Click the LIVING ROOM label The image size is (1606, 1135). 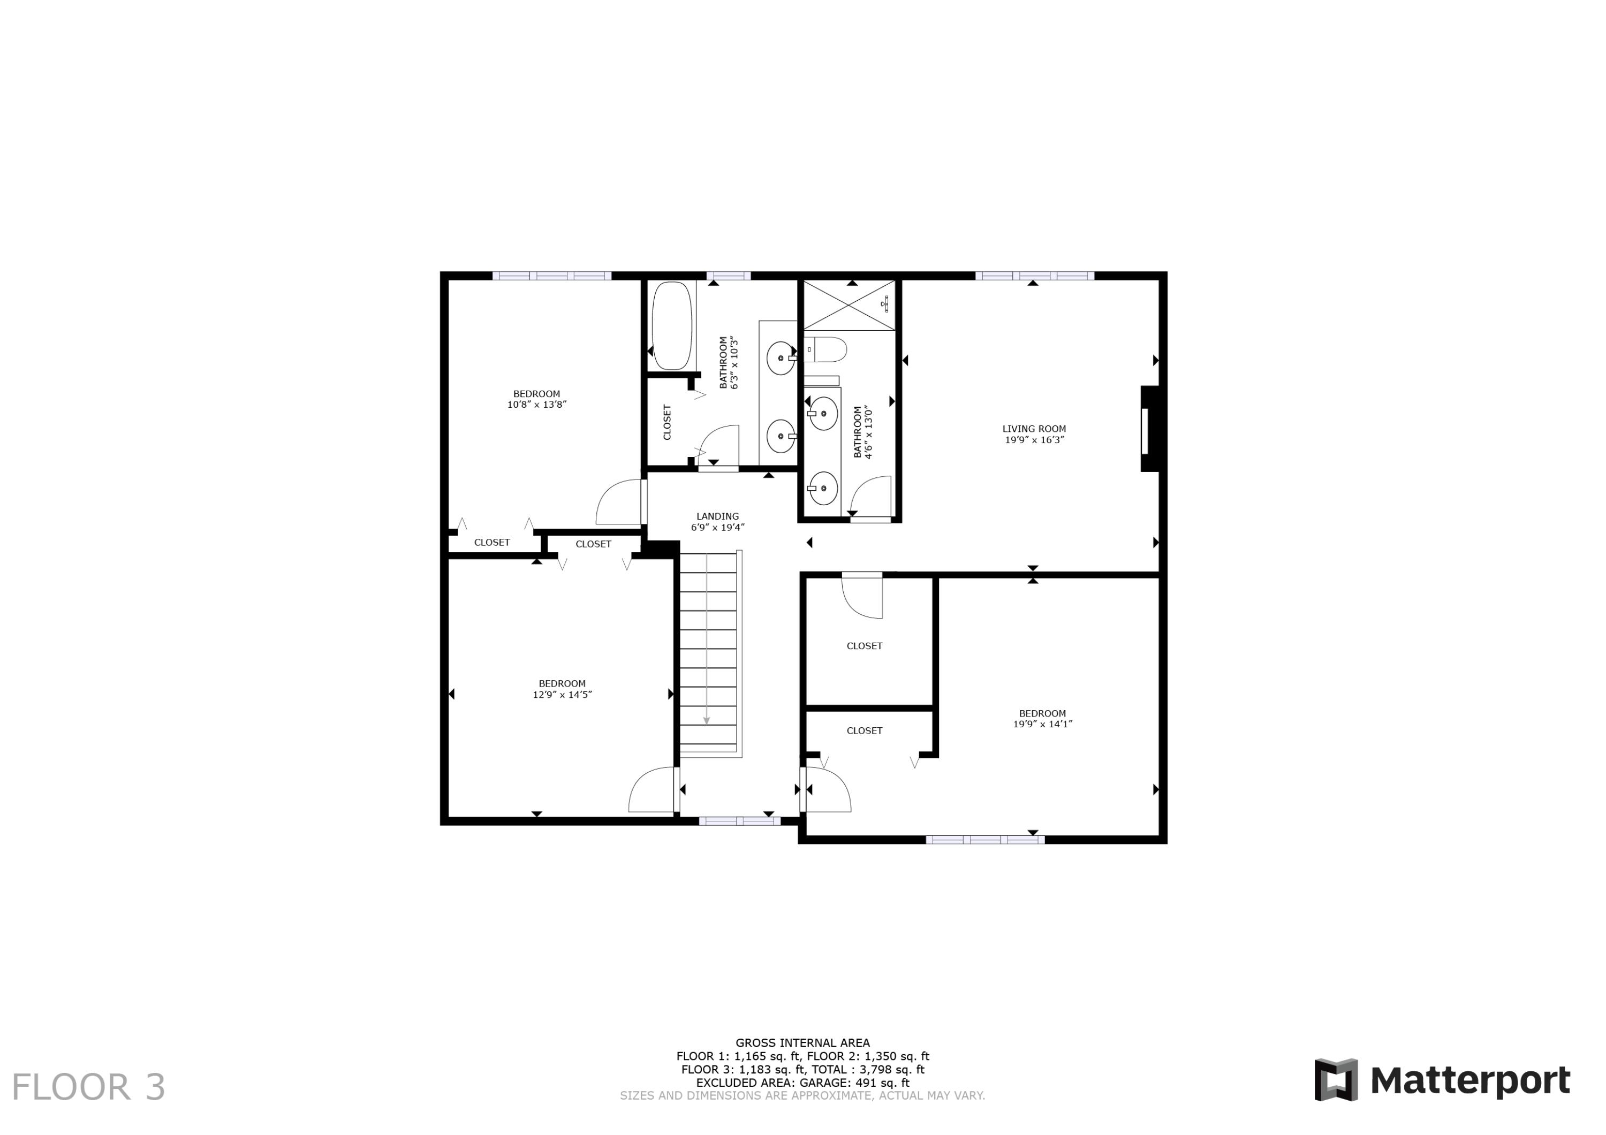click(x=1034, y=429)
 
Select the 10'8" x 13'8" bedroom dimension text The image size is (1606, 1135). click(x=536, y=404)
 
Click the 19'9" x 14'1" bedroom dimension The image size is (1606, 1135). click(x=1042, y=724)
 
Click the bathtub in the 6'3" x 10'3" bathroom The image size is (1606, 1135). click(x=671, y=326)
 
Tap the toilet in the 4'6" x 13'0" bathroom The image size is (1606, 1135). click(x=826, y=349)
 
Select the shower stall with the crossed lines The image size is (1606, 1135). click(x=849, y=305)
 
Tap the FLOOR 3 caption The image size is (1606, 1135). click(x=88, y=1087)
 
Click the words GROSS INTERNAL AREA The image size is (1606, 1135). click(x=802, y=1042)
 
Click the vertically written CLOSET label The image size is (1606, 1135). click(x=666, y=422)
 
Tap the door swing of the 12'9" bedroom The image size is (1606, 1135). click(x=651, y=791)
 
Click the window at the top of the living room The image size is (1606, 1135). click(x=1034, y=276)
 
